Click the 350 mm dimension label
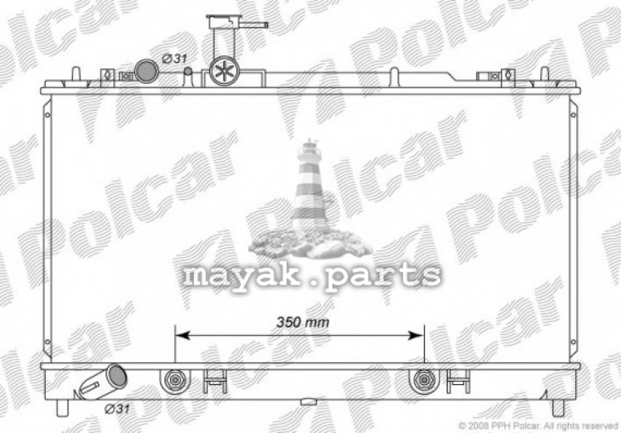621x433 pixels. point(303,322)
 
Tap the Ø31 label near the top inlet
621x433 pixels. point(175,58)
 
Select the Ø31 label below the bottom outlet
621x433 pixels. point(117,408)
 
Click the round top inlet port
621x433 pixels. point(147,71)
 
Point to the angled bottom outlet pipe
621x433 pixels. point(104,382)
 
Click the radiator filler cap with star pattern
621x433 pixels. point(224,71)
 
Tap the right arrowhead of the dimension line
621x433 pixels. point(416,336)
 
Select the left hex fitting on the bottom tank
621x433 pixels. point(175,380)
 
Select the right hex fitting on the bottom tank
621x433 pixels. point(424,380)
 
